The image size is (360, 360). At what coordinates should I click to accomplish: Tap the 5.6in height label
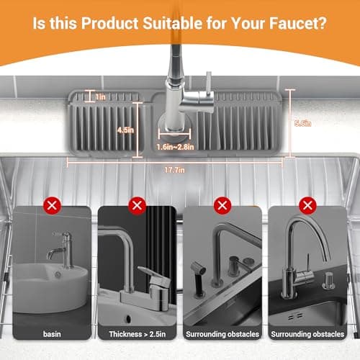[x=303, y=123]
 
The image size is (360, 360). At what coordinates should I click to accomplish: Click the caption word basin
[x=53, y=334]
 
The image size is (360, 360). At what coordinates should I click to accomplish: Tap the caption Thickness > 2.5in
[x=137, y=334]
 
